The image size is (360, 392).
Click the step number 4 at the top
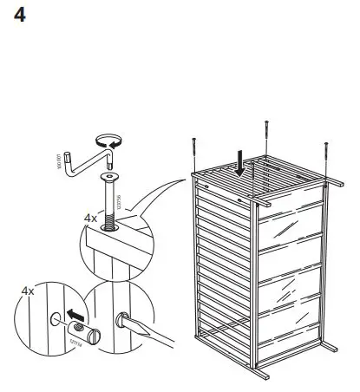coord(20,16)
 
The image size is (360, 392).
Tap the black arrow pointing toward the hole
coord(76,310)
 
